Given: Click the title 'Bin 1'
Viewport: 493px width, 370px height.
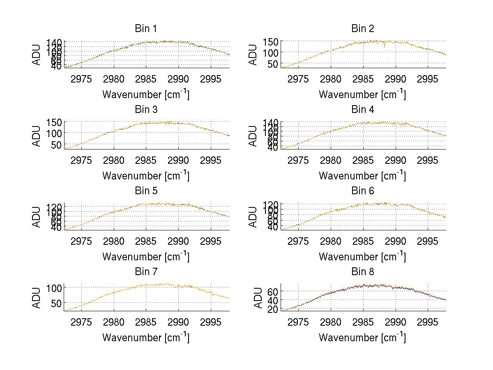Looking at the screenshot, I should [145, 29].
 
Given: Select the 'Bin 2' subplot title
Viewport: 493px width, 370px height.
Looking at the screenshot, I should [362, 29].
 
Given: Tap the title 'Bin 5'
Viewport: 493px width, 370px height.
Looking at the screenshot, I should [145, 191].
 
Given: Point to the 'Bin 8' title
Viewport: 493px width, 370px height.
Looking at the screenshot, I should [362, 272].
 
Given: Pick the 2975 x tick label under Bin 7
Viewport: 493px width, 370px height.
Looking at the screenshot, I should [81, 322].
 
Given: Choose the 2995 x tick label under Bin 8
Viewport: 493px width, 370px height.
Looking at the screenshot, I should [428, 322].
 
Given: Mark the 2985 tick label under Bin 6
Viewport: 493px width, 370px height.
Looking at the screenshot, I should [363, 241].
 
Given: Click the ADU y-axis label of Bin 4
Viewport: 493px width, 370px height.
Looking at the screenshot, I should [253, 136].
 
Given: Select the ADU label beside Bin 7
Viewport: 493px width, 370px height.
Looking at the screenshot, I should [37, 298].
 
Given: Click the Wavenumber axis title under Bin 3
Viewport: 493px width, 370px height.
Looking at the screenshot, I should [145, 175].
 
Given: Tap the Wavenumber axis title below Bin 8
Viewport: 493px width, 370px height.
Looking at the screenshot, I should [362, 338].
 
